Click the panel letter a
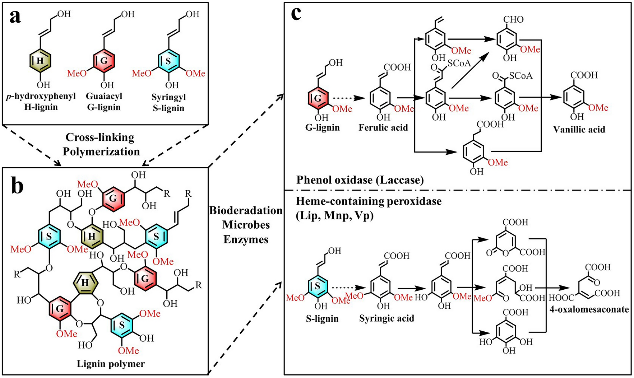(x=15, y=17)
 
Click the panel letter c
(x=296, y=15)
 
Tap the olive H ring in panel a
(x=40, y=60)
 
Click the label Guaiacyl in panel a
(x=104, y=96)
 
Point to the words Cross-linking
(x=100, y=137)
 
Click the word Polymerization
(x=101, y=151)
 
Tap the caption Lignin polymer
(x=111, y=364)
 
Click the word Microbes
(x=246, y=225)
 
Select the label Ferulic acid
(x=383, y=127)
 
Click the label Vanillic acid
(x=579, y=130)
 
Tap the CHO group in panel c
(x=513, y=19)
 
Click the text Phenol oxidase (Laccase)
(x=360, y=180)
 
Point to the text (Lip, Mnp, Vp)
(x=334, y=215)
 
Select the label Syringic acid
(x=387, y=318)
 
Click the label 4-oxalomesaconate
(x=589, y=309)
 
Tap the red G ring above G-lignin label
(x=318, y=98)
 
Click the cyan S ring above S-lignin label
(x=318, y=286)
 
